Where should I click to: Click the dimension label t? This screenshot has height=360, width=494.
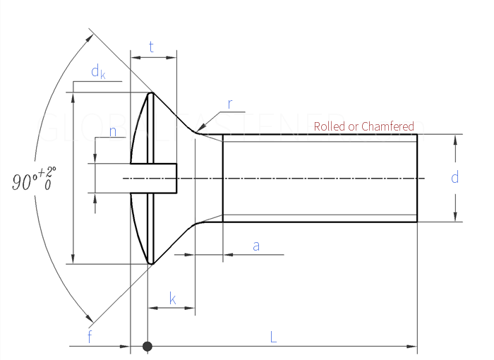click(152, 47)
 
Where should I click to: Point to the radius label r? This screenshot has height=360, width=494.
click(230, 104)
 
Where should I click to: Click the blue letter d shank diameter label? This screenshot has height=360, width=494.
click(455, 177)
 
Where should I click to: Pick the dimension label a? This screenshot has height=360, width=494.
click(256, 246)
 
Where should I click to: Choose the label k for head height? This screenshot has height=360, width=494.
click(172, 298)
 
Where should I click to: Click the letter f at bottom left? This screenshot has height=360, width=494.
click(90, 337)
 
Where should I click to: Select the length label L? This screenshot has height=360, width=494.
click(273, 337)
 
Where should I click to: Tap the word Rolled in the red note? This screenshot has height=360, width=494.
click(329, 126)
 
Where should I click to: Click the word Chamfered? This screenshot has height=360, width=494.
click(387, 126)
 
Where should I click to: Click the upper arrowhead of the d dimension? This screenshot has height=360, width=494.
click(455, 139)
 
